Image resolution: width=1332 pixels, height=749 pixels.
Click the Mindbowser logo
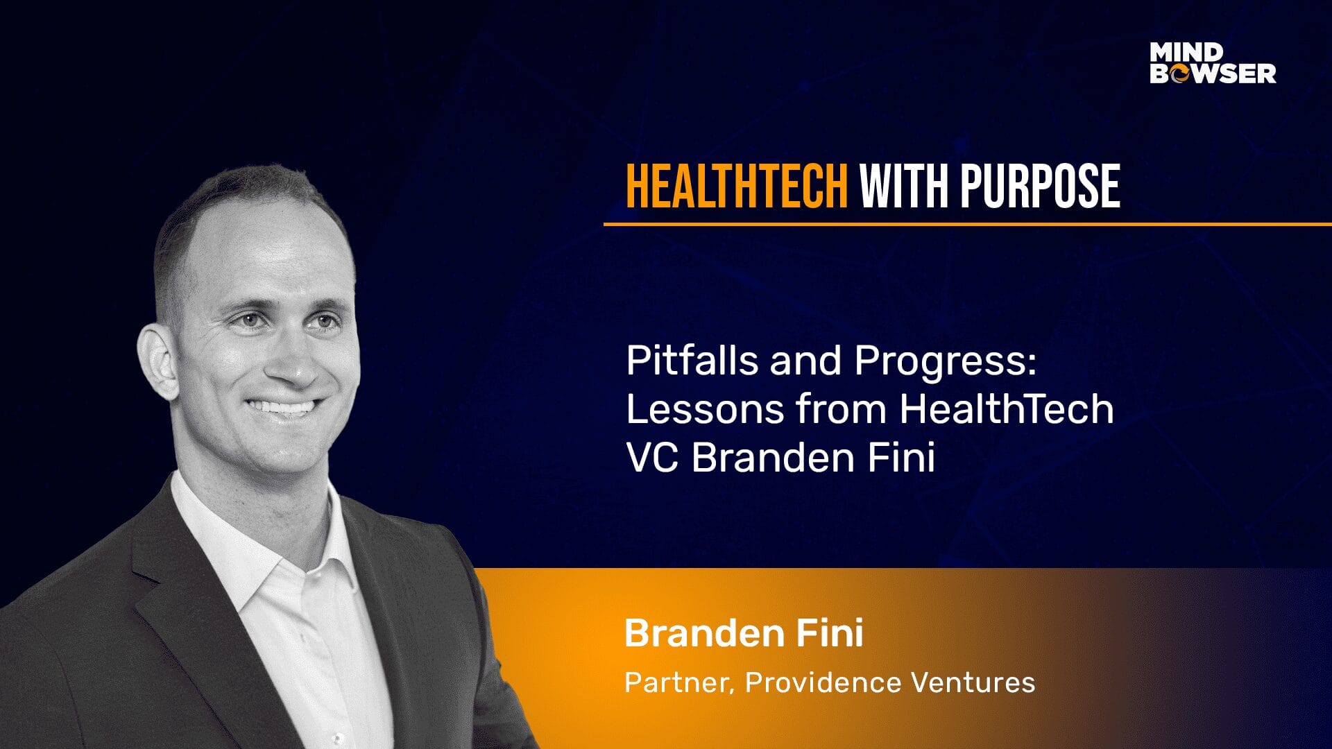pyautogui.click(x=1213, y=63)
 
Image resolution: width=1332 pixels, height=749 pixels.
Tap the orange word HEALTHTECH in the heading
pyautogui.click(x=737, y=186)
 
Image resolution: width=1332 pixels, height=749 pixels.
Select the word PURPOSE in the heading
pyautogui.click(x=1040, y=186)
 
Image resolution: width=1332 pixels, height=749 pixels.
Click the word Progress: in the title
pyautogui.click(x=945, y=362)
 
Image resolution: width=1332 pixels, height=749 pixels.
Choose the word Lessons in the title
pyautogui.click(x=705, y=408)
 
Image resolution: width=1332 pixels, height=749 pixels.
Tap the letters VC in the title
pyautogui.click(x=652, y=457)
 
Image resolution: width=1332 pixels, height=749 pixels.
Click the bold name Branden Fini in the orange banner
pyautogui.click(x=744, y=632)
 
